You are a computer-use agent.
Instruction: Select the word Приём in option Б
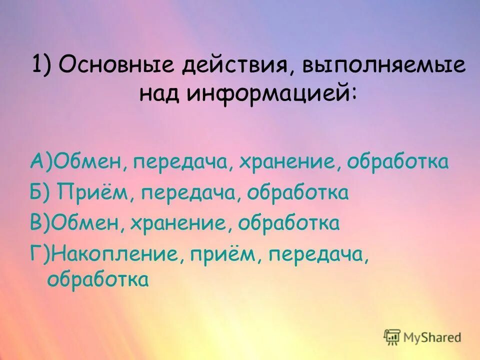coord(95,192)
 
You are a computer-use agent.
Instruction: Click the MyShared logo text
coord(433,337)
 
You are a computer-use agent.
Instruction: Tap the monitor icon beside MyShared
coord(392,336)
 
